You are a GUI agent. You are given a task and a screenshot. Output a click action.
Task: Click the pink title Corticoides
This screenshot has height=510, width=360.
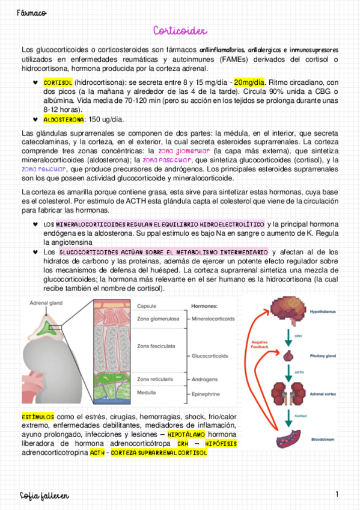click(180, 30)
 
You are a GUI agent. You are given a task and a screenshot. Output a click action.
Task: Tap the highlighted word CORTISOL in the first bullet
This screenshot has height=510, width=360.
click(58, 82)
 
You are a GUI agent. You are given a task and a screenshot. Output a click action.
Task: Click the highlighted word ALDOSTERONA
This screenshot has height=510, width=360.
click(64, 120)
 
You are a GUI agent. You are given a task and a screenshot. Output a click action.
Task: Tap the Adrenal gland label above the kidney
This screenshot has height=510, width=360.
click(45, 304)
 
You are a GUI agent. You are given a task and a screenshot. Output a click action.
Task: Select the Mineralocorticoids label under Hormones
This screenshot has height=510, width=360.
click(213, 319)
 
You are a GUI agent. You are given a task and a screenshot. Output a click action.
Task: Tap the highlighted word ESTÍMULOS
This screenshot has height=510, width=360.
click(38, 416)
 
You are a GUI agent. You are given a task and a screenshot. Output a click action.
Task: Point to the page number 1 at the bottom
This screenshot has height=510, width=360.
click(338, 494)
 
